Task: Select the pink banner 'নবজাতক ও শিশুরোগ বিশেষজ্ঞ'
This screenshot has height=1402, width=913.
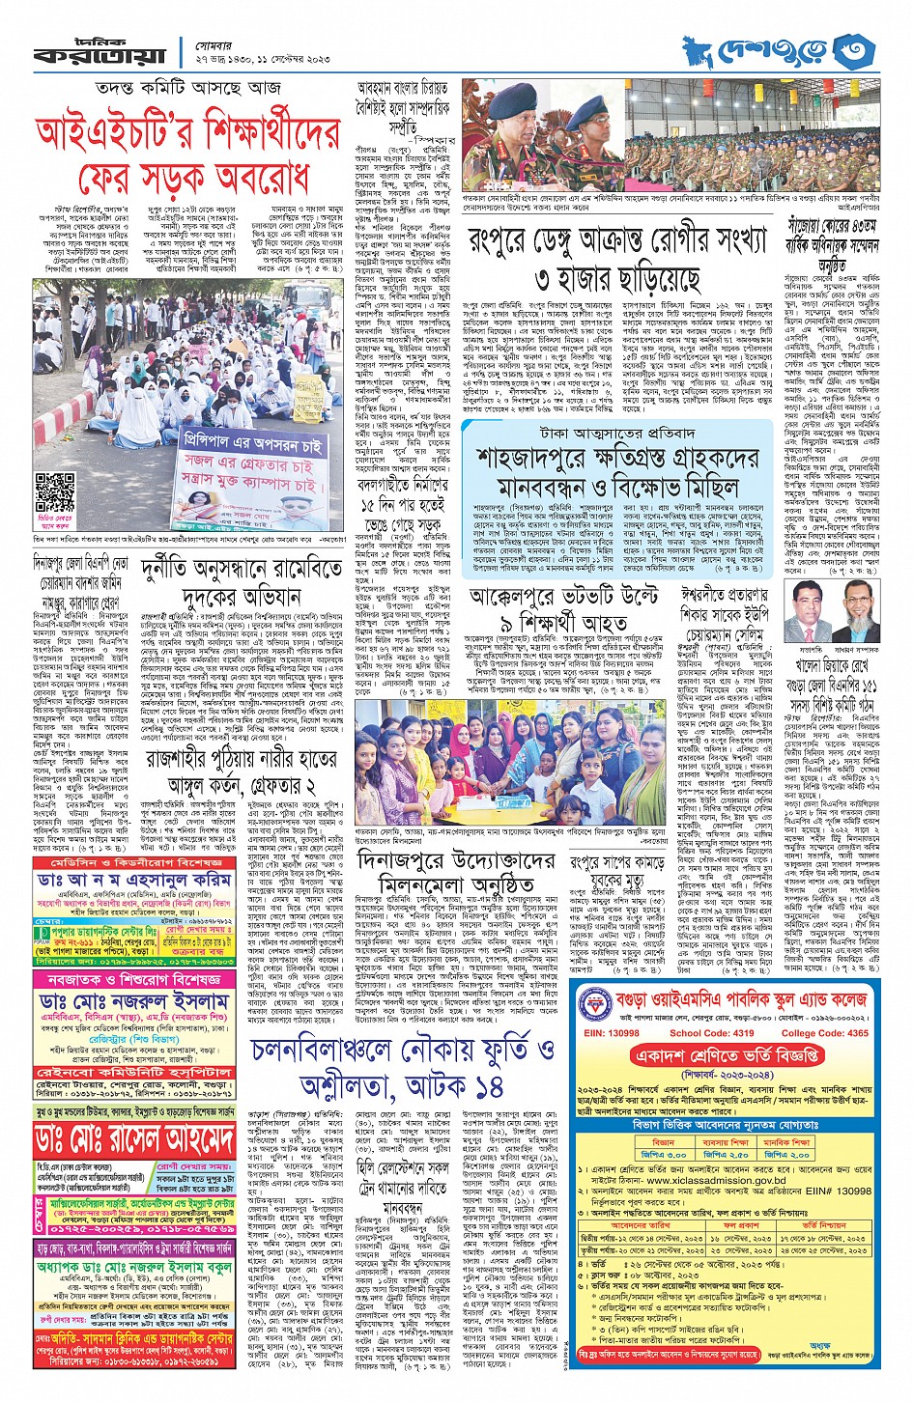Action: coord(135,980)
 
